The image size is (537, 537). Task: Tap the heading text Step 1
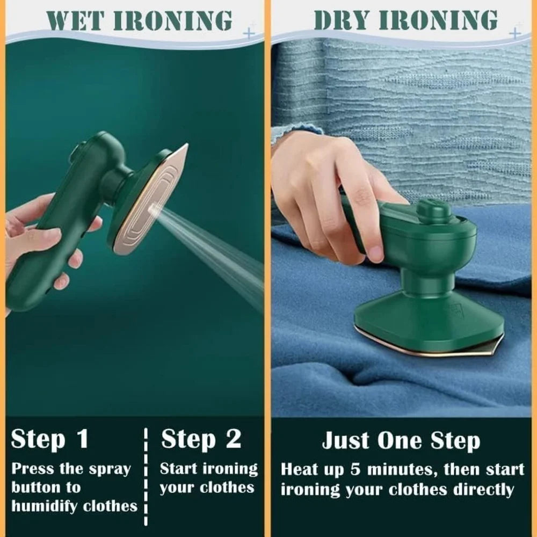(x=49, y=439)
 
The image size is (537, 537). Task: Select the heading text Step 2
(x=201, y=439)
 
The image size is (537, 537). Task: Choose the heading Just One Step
(x=401, y=441)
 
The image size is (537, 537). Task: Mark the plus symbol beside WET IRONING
(x=248, y=33)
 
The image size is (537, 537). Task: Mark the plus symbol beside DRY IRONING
(x=514, y=33)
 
